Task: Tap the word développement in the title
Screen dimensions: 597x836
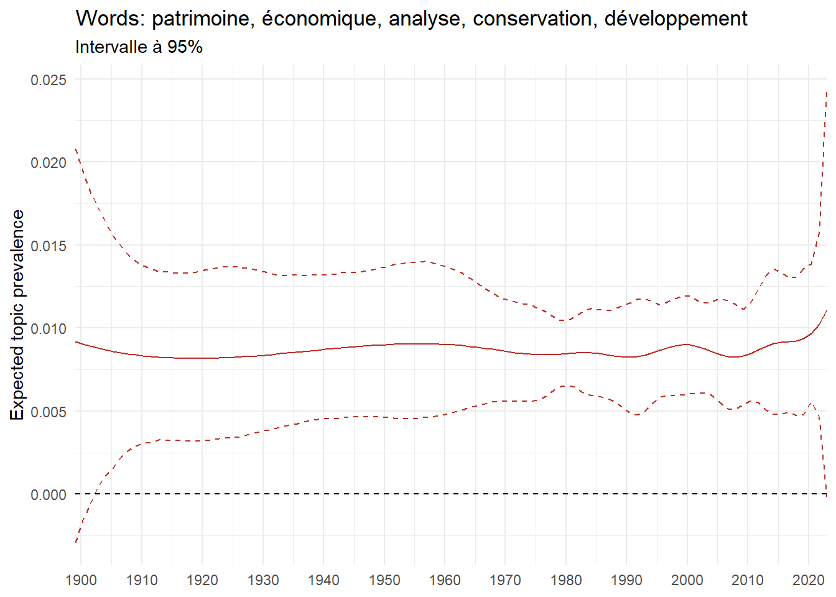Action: (676, 19)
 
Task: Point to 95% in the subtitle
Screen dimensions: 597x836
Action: (185, 47)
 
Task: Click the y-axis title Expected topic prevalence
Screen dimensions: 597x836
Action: (17, 315)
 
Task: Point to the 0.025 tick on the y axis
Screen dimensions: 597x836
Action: (49, 80)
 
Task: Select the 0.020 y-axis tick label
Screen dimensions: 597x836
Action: (49, 162)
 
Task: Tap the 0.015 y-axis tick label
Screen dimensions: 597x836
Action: (49, 246)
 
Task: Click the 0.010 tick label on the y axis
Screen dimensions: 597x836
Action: (49, 328)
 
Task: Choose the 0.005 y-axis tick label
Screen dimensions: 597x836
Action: (49, 412)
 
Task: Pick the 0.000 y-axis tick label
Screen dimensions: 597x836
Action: (49, 494)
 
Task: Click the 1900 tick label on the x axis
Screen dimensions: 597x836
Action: (81, 580)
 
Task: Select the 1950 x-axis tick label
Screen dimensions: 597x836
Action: (384, 580)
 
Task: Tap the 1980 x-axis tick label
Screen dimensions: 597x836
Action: (566, 580)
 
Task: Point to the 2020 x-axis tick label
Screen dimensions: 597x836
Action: (809, 580)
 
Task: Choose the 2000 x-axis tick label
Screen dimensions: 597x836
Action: (687, 580)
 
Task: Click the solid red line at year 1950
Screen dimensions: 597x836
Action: (384, 345)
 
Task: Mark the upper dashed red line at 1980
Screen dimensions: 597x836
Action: (566, 320)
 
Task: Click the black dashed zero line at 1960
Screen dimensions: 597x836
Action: (445, 494)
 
